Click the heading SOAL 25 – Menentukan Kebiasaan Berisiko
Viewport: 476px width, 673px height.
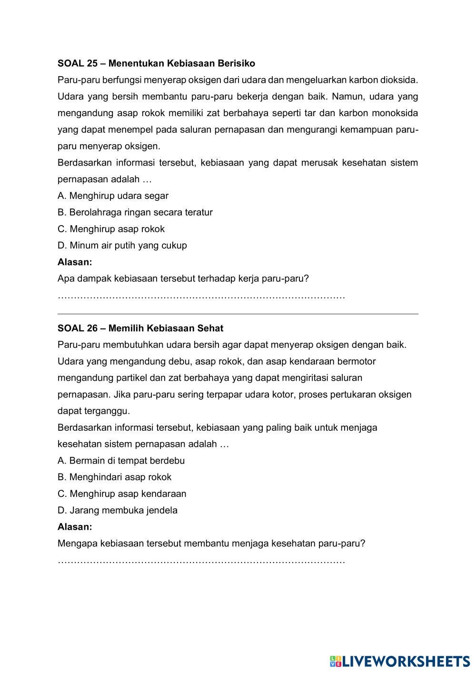coord(156,63)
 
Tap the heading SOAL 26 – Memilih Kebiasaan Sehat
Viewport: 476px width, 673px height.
coord(140,328)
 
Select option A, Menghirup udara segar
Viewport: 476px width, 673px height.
coord(113,196)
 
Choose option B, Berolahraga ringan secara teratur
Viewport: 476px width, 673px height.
coord(135,212)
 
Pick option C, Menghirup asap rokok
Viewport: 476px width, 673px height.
coord(111,229)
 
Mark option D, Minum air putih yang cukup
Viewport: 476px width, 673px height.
coord(122,246)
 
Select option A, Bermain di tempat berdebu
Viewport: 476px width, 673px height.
coord(121,461)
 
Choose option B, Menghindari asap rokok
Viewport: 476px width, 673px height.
coord(114,477)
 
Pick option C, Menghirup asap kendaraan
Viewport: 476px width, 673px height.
coord(122,494)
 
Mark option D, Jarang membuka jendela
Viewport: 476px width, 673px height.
coord(118,510)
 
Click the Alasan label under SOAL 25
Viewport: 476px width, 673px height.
coord(75,262)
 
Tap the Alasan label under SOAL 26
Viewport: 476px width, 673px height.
coord(75,527)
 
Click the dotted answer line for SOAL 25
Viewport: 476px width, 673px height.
coord(201,297)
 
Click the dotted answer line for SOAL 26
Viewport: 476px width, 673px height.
coord(201,562)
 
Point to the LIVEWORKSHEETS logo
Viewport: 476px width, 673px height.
coord(399,661)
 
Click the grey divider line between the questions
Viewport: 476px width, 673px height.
coord(238,314)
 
